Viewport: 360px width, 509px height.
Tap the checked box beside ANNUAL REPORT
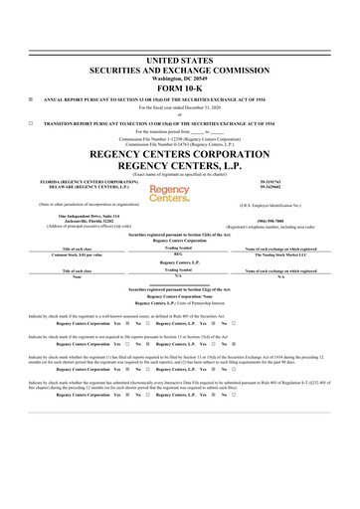tap(33, 99)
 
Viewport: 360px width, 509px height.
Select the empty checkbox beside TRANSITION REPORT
tap(33, 122)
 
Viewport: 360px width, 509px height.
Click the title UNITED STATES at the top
tap(180, 61)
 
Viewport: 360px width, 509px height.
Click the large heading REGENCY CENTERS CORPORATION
tap(180, 156)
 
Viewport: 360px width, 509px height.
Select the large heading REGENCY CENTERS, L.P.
tap(180, 168)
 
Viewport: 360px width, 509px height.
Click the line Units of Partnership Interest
tap(180, 301)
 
